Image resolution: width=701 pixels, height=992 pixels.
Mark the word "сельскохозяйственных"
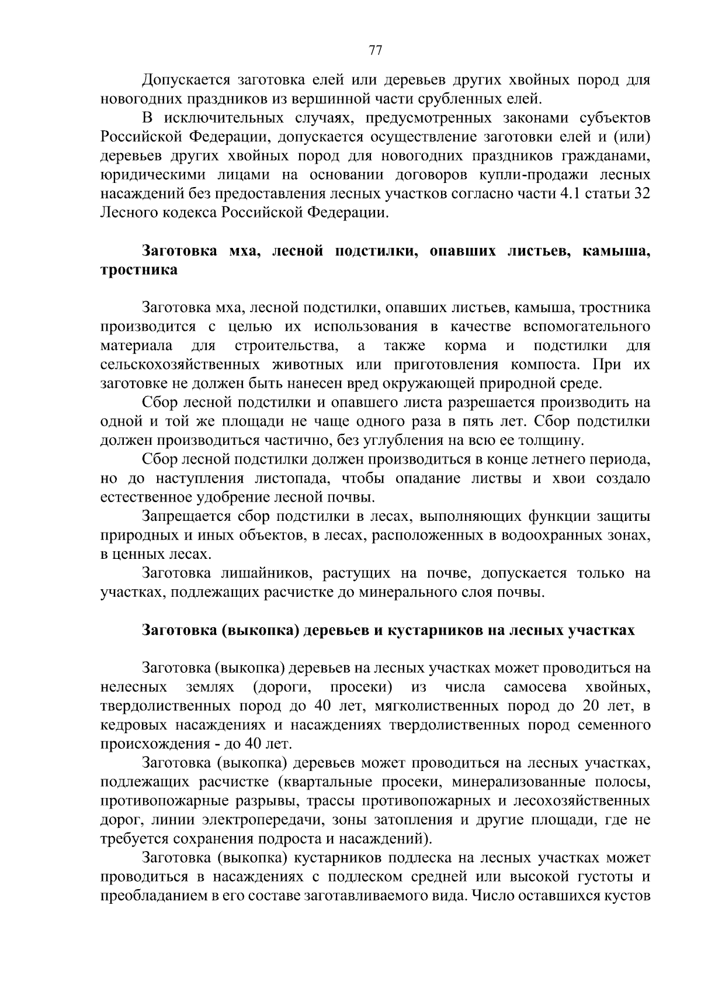pyautogui.click(x=180, y=365)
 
